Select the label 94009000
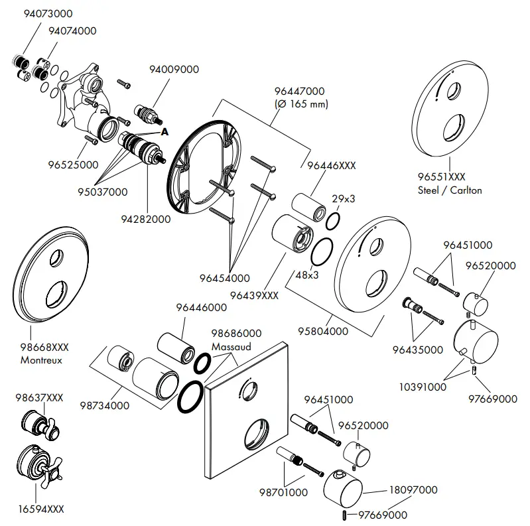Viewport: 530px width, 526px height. point(174,69)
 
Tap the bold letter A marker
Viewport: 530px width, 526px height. point(165,132)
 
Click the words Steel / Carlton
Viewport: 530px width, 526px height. point(450,190)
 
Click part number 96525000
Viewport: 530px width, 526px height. point(74,164)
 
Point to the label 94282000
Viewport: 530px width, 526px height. point(146,219)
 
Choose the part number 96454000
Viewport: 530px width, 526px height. point(224,278)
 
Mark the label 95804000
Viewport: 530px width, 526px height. point(324,330)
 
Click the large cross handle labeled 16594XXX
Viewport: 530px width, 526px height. point(36,467)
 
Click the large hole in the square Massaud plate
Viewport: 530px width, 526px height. point(257,436)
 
